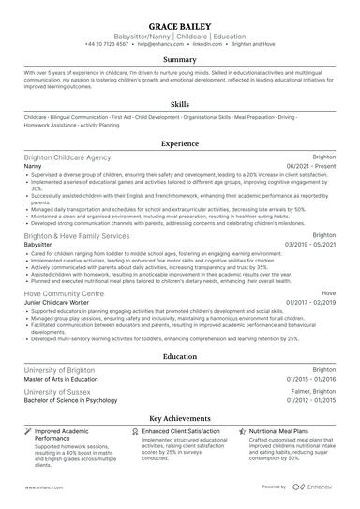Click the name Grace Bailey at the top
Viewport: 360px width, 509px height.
pyautogui.click(x=179, y=25)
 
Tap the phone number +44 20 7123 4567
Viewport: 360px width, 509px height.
pyautogui.click(x=111, y=45)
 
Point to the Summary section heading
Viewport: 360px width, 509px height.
pyautogui.click(x=179, y=59)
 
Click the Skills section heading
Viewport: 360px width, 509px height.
pyautogui.click(x=179, y=105)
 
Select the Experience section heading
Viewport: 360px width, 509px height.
pyautogui.click(x=179, y=144)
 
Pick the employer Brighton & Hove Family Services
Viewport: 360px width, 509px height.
pyautogui.click(x=77, y=236)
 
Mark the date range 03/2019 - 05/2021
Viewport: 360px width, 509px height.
pyautogui.click(x=310, y=245)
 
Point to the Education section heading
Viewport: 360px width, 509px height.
pyautogui.click(x=179, y=357)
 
